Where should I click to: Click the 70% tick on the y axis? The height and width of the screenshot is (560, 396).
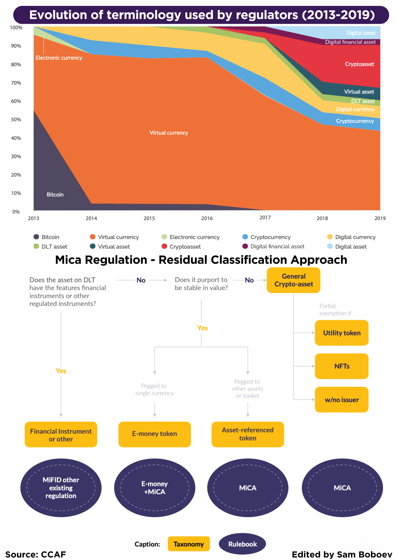click(16, 83)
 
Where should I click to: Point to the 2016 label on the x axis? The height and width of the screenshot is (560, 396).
click(207, 218)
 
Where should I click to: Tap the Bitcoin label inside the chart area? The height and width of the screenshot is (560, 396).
click(55, 195)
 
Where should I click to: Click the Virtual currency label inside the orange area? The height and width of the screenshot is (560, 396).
click(169, 133)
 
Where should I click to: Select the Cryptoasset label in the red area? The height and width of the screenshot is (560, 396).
click(359, 64)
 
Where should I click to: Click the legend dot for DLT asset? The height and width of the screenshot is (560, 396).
click(36, 246)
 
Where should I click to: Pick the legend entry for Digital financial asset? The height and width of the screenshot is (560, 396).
click(277, 246)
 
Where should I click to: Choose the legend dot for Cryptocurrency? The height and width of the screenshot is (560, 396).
click(245, 237)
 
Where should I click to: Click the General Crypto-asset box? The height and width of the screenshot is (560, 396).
click(293, 280)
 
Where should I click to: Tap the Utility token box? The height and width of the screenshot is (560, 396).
click(342, 333)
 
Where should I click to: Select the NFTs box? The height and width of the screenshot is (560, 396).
click(342, 366)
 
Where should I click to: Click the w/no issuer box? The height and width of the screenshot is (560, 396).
click(342, 400)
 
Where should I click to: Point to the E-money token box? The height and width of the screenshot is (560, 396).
click(155, 434)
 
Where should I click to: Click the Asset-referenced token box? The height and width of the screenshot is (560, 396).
click(248, 434)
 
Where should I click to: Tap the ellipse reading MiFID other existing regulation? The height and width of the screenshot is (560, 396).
click(61, 488)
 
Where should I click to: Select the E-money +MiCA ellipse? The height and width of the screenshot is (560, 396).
click(155, 488)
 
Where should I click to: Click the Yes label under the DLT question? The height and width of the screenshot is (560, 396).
click(61, 371)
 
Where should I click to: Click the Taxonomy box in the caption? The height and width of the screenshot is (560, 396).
click(188, 544)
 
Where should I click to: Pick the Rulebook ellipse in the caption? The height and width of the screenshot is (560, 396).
click(242, 544)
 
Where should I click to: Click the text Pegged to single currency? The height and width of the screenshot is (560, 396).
click(155, 389)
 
